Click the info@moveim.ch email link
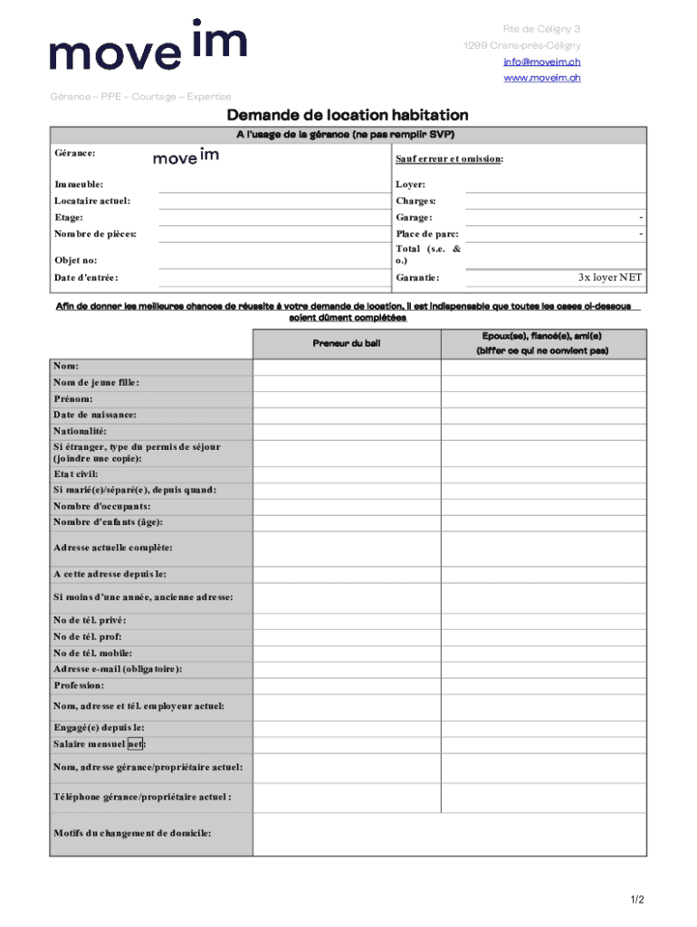[542, 62]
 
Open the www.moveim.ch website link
[542, 78]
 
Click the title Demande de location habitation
[348, 115]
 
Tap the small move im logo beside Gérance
[186, 157]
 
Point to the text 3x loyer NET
[610, 277]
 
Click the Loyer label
[410, 184]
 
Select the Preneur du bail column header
[347, 343]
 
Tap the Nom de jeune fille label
[96, 383]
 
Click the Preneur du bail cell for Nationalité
[347, 431]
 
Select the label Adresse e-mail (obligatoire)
[118, 669]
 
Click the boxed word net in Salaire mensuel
[135, 744]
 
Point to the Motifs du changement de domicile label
[132, 833]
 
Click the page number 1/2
[637, 899]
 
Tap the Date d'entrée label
[86, 278]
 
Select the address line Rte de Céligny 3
[541, 29]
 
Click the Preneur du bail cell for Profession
[347, 685]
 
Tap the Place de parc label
[427, 234]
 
